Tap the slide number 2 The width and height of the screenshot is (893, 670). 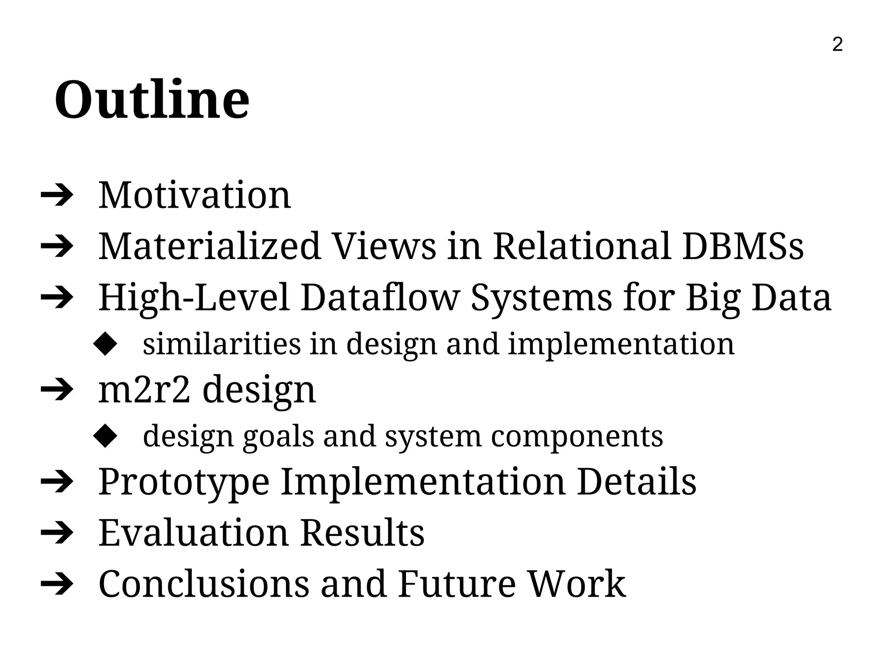[837, 44]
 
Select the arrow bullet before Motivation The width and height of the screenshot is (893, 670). [57, 197]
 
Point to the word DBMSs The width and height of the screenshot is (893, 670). [743, 246]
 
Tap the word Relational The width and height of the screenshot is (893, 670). [582, 246]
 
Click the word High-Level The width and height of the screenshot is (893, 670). [194, 297]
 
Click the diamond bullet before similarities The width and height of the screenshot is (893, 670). [106, 345]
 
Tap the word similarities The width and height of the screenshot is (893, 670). [222, 344]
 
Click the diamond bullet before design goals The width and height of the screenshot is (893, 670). [106, 437]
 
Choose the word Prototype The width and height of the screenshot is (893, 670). [184, 482]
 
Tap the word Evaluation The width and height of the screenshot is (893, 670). [194, 533]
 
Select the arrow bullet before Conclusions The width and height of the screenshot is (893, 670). [57, 585]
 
